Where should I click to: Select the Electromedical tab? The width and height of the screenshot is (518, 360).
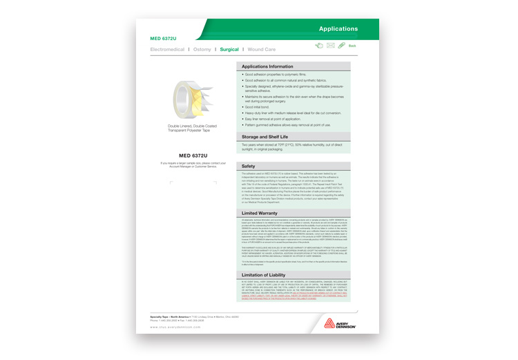point(168,50)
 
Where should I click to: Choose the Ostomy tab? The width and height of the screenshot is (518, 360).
point(202,50)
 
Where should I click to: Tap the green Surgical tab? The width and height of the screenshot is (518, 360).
point(229,50)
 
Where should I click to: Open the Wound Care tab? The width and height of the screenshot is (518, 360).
point(262,50)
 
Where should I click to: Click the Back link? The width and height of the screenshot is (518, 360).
point(352,46)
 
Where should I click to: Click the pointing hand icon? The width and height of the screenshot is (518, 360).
point(318,46)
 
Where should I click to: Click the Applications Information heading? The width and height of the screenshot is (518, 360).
point(273,66)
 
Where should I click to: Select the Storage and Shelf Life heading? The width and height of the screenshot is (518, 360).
point(274,138)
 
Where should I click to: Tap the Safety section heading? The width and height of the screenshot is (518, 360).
point(249,167)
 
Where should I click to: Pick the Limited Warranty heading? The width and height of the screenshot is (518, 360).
point(260,213)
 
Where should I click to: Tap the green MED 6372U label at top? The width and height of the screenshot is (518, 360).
point(164,37)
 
